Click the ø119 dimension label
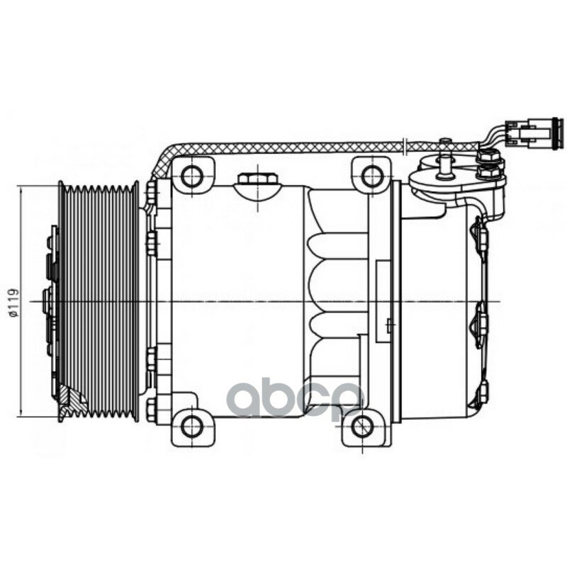(13, 303)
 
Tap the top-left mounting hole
(191, 176)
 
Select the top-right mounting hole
(371, 176)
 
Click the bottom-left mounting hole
(191, 427)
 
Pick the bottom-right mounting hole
(361, 427)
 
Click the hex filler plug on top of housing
(257, 179)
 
